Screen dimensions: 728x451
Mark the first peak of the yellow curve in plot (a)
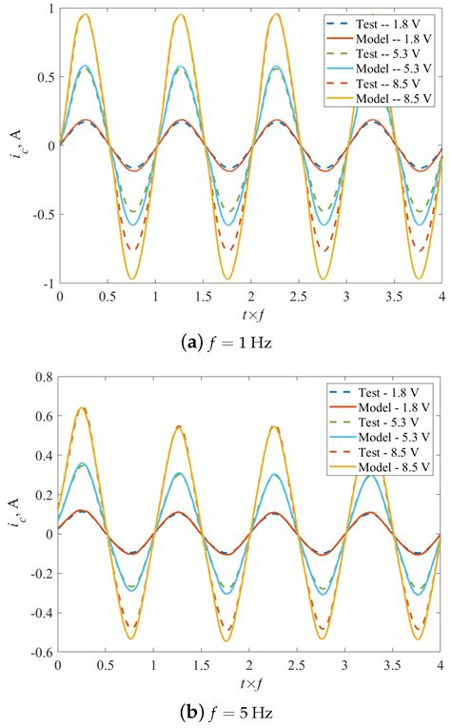[x=85, y=14]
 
